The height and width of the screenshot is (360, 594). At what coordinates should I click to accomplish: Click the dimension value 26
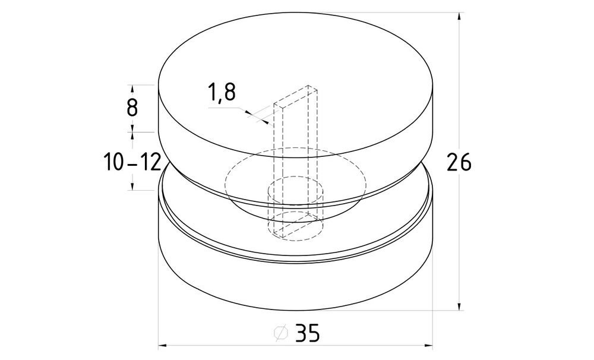pyautogui.click(x=459, y=162)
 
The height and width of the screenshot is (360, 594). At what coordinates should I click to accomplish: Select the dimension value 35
pyautogui.click(x=308, y=333)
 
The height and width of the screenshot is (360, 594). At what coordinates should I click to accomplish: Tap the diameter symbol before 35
pyautogui.click(x=281, y=333)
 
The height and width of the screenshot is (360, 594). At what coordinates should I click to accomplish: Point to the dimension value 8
pyautogui.click(x=132, y=108)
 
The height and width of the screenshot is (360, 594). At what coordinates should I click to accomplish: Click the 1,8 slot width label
pyautogui.click(x=222, y=92)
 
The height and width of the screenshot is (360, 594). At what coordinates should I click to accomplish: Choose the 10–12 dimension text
pyautogui.click(x=132, y=162)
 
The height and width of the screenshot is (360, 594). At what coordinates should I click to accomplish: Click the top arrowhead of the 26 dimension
pyautogui.click(x=459, y=17)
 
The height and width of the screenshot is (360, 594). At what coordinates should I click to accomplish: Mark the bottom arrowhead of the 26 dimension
pyautogui.click(x=459, y=305)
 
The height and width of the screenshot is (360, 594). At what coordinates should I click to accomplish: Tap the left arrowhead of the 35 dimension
pyautogui.click(x=163, y=345)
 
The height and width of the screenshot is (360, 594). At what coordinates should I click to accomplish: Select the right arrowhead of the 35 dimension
pyautogui.click(x=428, y=345)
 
